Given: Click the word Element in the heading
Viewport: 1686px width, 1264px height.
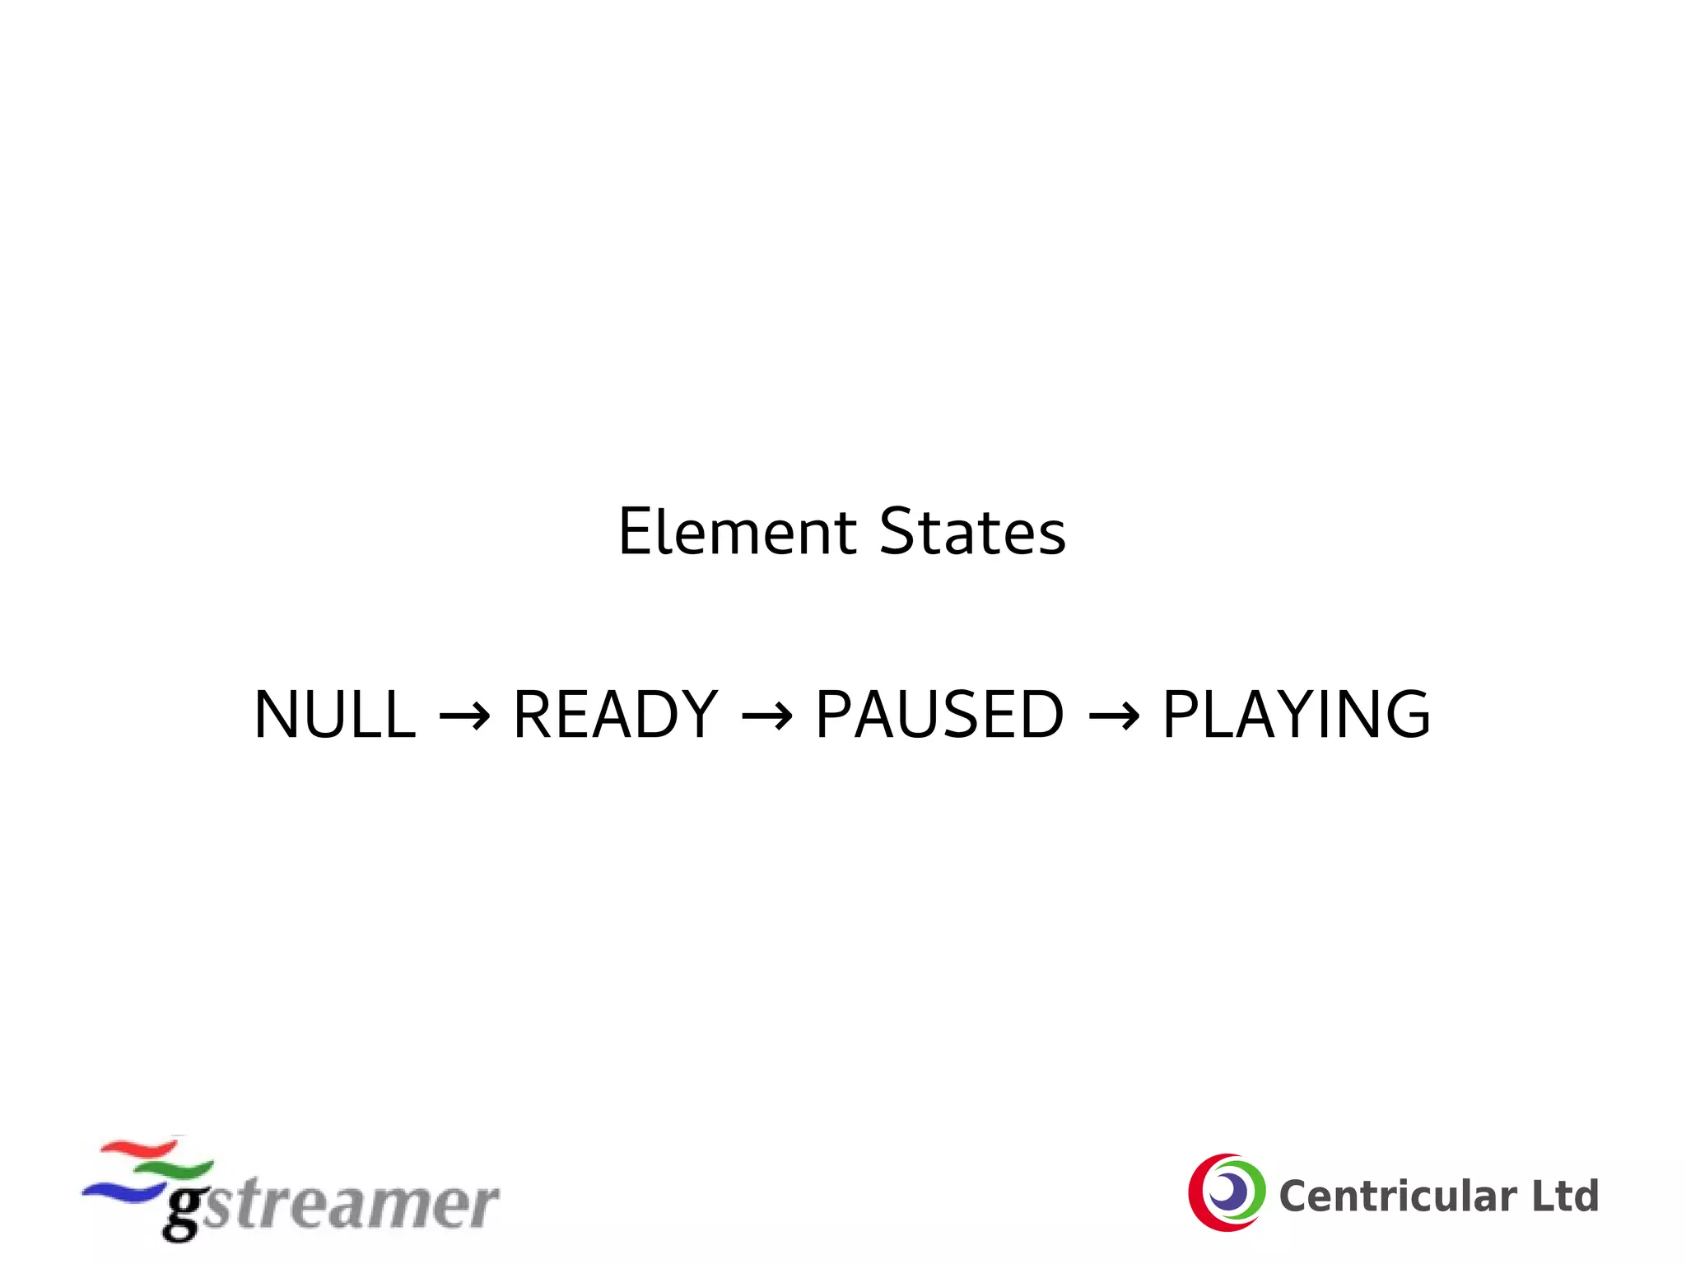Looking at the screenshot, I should pos(738,533).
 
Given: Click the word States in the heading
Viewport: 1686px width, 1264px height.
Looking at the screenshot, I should pos(972,533).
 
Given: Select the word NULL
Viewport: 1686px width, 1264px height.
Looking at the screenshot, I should pos(335,715).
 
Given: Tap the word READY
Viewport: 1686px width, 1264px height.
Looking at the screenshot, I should pos(615,715).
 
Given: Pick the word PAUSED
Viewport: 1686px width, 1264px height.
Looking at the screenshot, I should pos(939,715).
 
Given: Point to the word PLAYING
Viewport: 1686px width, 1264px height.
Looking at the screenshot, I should pos(1296,715).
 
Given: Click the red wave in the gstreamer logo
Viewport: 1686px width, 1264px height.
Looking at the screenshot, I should pos(140,1148).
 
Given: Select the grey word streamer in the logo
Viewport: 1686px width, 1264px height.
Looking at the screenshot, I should pos(350,1205).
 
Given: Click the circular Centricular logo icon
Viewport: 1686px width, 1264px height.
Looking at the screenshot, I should pos(1226,1192).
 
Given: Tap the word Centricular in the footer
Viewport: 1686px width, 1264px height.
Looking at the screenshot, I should pos(1398,1196).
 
